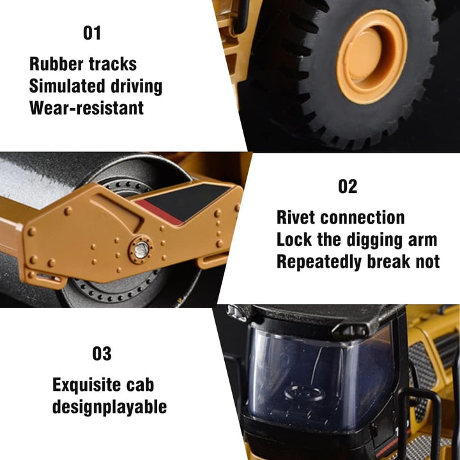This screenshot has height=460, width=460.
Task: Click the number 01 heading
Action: tap(92, 33)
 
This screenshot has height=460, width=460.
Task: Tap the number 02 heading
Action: tap(348, 187)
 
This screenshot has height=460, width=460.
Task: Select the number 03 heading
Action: tap(102, 353)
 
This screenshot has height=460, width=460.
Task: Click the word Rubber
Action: tap(54, 64)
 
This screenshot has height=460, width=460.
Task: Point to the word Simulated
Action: tap(67, 86)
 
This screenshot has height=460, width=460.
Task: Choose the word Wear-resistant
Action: tap(86, 108)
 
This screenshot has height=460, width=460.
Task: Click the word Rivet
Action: tap(296, 217)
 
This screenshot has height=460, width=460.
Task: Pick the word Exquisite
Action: tap(86, 385)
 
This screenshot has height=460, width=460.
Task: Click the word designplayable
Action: tap(109, 407)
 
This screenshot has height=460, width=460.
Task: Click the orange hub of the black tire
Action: tap(372, 57)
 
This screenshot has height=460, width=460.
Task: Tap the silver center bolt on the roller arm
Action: tap(141, 250)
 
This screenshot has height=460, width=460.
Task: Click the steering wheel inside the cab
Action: tap(305, 393)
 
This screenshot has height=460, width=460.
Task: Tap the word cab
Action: tap(140, 385)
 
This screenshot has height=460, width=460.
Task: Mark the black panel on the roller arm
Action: tap(188, 201)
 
